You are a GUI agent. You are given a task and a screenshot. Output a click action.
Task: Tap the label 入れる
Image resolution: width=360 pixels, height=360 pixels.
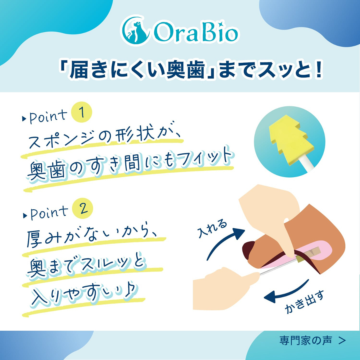[x=212, y=228]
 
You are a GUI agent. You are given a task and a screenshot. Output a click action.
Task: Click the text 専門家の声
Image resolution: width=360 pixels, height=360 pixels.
[x=305, y=340]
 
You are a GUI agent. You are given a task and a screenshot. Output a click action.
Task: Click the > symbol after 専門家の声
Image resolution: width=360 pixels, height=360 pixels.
[x=341, y=340]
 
